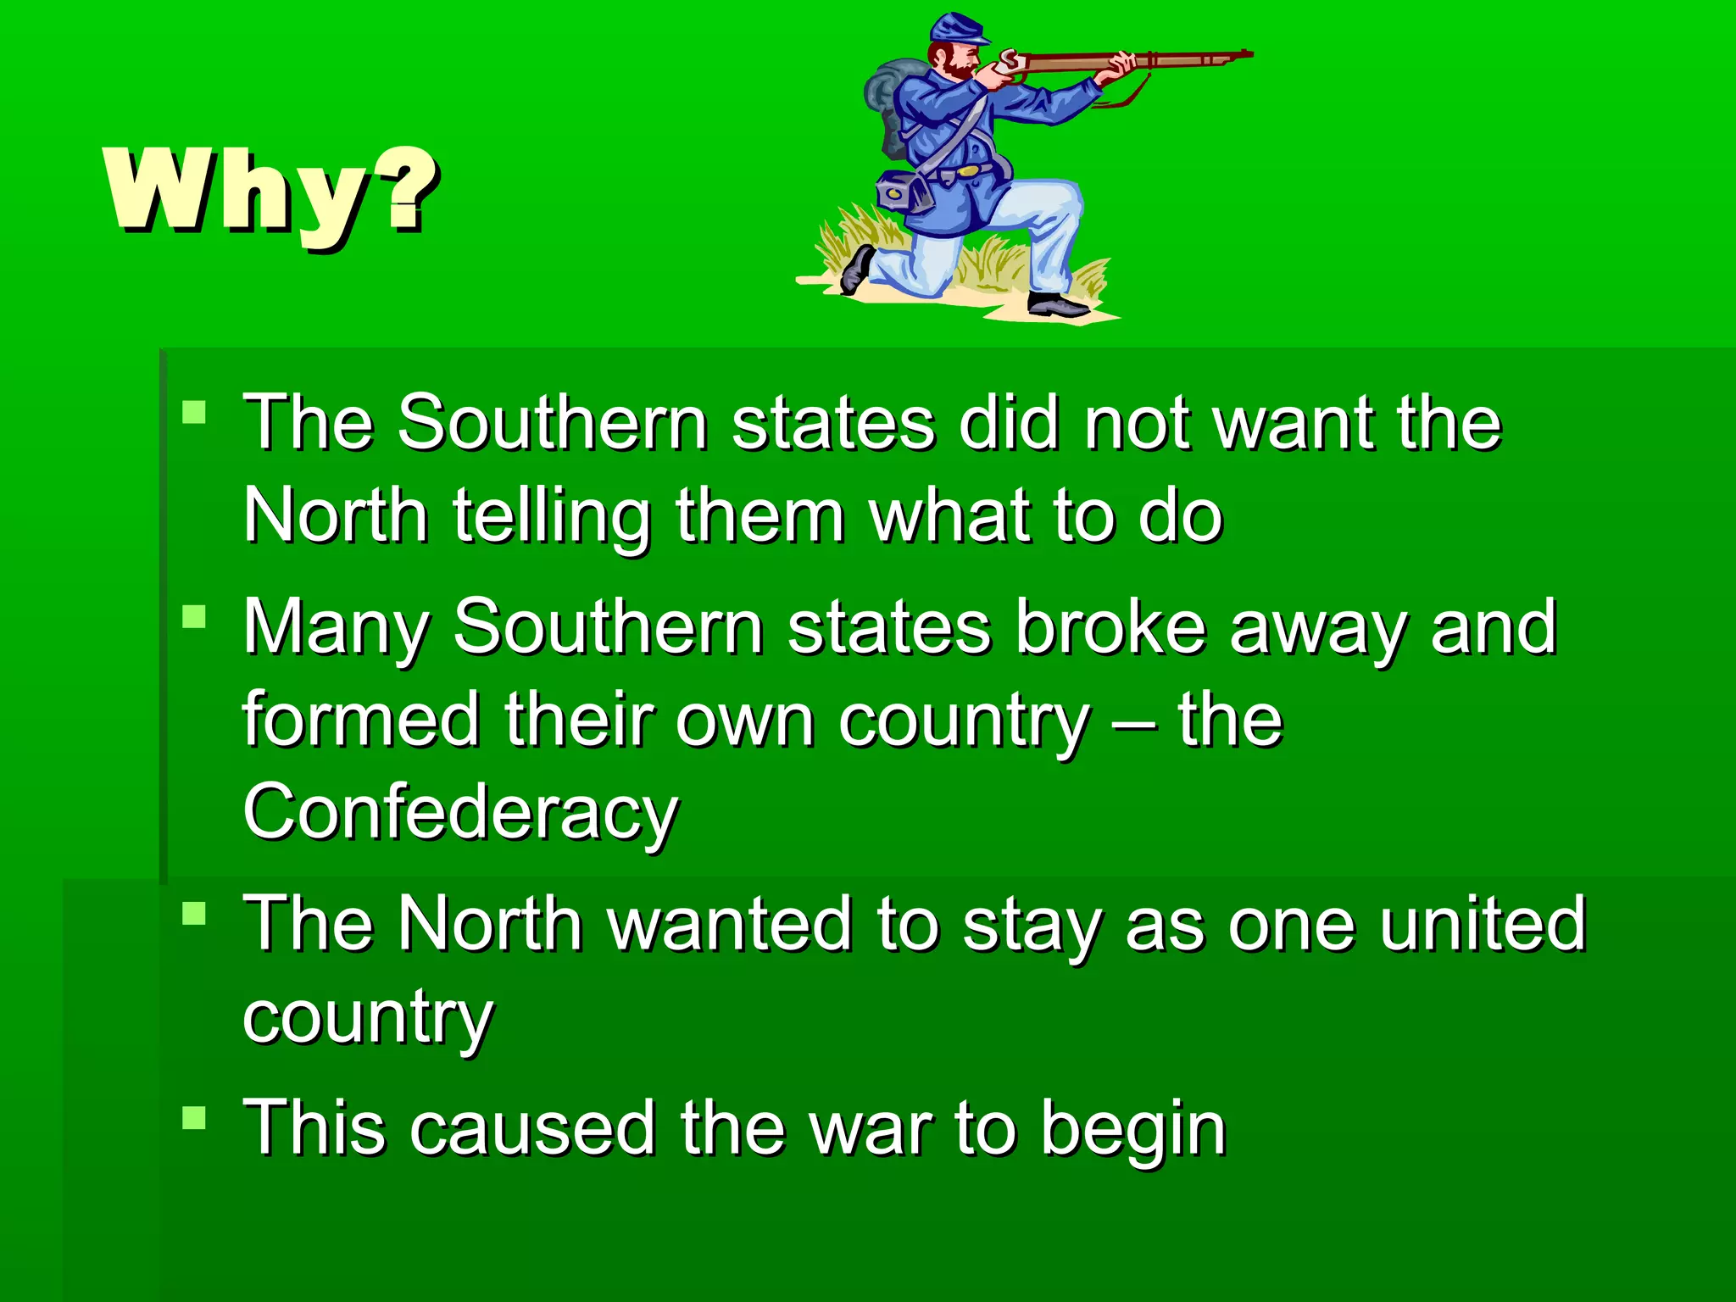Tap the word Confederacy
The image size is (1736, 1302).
pos(460,811)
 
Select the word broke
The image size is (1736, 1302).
pos(1110,627)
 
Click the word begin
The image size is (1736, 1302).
pos(1133,1127)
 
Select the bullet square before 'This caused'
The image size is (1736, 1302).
pos(194,1117)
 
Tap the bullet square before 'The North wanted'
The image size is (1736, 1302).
pos(194,913)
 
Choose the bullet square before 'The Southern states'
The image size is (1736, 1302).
pos(194,412)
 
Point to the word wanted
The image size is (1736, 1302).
pos(730,923)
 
